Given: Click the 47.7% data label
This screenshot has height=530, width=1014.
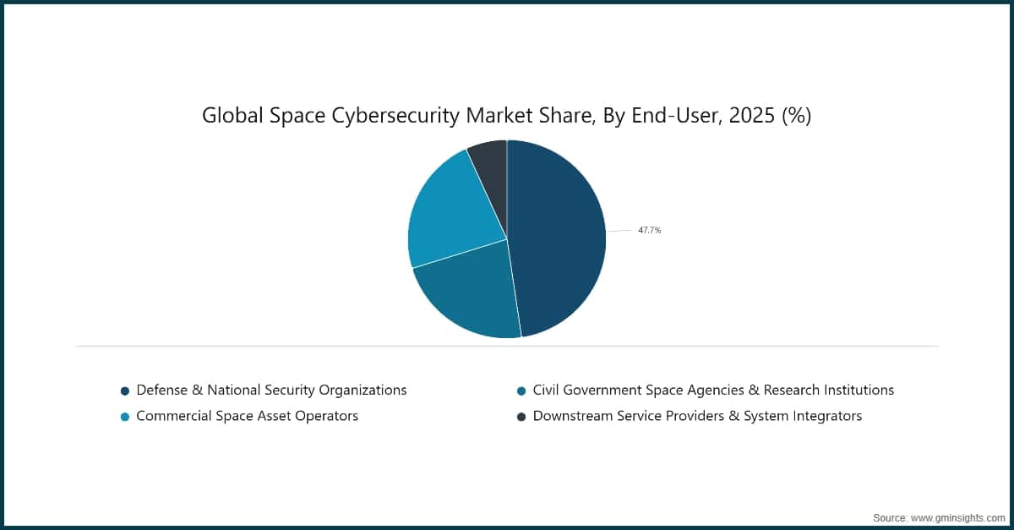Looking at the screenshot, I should pyautogui.click(x=649, y=230).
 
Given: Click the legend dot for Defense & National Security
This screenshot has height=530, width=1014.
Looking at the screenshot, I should pyautogui.click(x=125, y=391).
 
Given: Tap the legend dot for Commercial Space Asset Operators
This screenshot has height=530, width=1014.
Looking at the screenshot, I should pyautogui.click(x=125, y=417).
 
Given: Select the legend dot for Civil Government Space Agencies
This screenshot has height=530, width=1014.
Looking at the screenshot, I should pyautogui.click(x=521, y=391).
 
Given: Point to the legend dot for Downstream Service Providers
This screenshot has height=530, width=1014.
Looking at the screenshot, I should pyautogui.click(x=521, y=417).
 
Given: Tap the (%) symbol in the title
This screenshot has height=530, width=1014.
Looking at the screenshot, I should pyautogui.click(x=796, y=117).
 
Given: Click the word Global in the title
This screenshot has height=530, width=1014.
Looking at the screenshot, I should pyautogui.click(x=230, y=117).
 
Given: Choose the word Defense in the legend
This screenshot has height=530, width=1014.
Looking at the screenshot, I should pyautogui.click(x=163, y=390).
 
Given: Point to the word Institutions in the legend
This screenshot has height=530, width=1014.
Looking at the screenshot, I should pyautogui.click(x=853, y=390).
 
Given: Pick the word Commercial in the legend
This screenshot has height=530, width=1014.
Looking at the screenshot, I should pyautogui.click(x=173, y=416).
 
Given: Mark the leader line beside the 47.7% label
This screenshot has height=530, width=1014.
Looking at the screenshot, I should pyautogui.click(x=619, y=230).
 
